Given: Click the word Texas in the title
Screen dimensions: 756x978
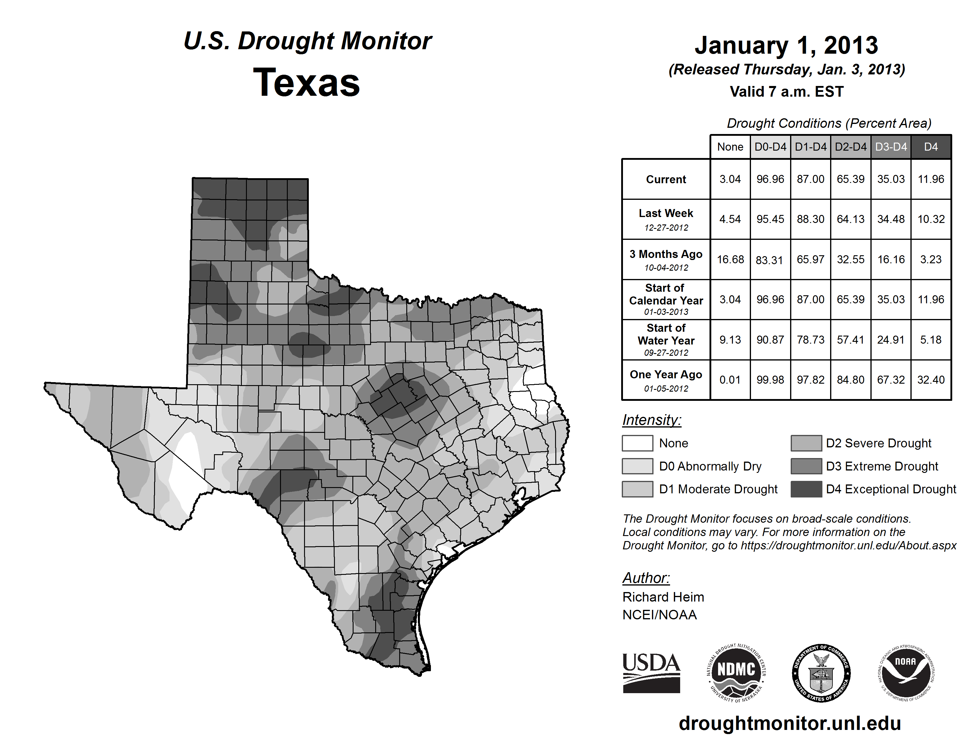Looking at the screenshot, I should (x=306, y=83).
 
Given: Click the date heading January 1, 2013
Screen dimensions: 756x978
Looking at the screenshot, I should (x=786, y=45).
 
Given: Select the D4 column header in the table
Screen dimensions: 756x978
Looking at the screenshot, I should (x=931, y=147).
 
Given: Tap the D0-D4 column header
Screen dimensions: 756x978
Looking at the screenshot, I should (x=770, y=147).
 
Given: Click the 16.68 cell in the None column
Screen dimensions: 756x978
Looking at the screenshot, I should (x=730, y=259).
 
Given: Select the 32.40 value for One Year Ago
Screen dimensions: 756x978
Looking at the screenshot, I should (x=931, y=380).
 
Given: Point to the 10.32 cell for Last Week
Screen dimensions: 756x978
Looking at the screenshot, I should (x=931, y=219).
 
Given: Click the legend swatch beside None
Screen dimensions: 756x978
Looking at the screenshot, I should (x=637, y=443).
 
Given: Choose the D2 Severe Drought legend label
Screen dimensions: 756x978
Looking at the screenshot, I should (x=878, y=443).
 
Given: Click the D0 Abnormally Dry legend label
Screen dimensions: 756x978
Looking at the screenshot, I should (x=710, y=466).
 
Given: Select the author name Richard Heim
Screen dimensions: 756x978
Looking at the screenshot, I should (x=663, y=597).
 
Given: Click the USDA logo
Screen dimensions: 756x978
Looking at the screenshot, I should (x=651, y=673).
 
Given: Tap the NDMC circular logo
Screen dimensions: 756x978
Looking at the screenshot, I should (x=736, y=673).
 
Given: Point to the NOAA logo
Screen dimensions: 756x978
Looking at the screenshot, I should (x=905, y=673).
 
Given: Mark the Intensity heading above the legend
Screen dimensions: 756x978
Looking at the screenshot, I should (x=651, y=420).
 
